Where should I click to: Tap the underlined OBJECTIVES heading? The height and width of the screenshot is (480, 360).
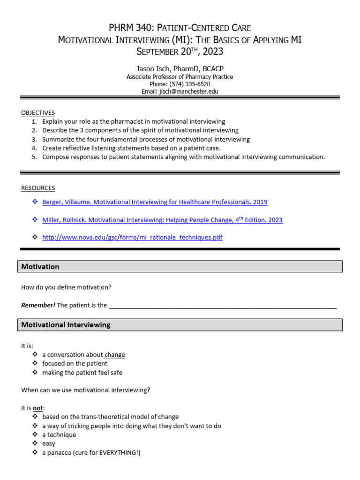(38, 113)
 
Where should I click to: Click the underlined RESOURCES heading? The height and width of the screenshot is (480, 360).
(38, 188)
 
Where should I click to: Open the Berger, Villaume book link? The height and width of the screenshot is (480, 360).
(155, 202)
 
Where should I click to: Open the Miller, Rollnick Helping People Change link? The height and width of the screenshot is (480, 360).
(162, 220)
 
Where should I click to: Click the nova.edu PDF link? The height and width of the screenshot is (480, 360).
(132, 238)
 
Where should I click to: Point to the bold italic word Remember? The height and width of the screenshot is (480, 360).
(38, 305)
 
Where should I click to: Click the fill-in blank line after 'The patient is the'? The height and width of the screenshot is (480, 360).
(222, 306)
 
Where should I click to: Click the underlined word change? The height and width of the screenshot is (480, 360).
(115, 355)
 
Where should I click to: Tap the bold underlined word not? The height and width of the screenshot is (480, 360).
(38, 408)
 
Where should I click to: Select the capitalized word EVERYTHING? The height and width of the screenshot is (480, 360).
(118, 452)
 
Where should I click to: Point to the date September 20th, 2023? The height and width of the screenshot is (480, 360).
(180, 51)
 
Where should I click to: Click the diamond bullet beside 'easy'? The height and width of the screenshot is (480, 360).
(35, 443)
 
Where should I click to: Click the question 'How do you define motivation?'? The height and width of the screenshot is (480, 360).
(67, 287)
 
